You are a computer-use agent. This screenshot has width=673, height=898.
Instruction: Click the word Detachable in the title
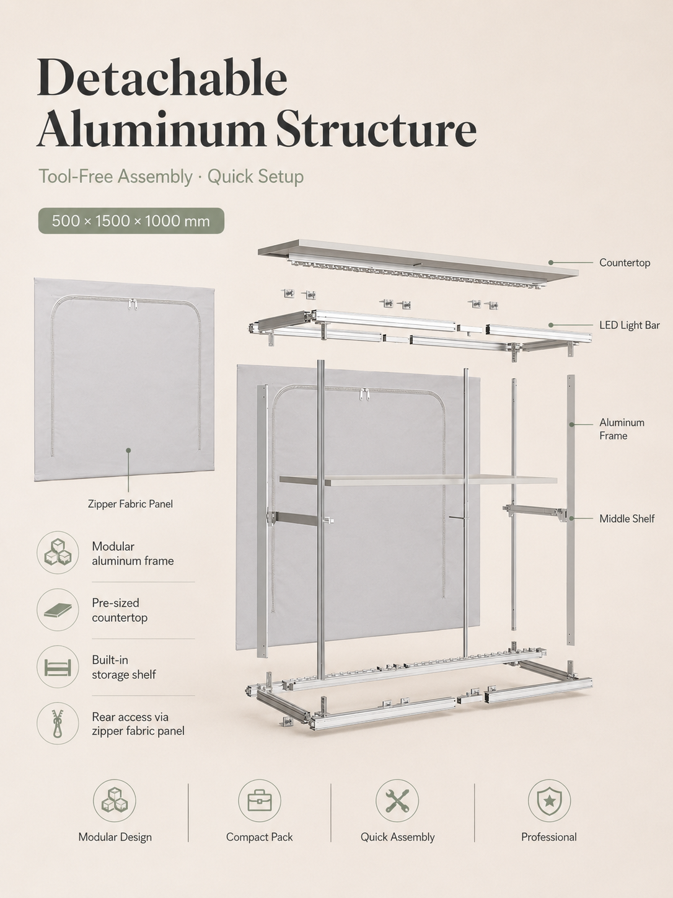pos(162,78)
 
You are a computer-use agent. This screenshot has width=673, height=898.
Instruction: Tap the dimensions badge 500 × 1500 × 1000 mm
pos(131,221)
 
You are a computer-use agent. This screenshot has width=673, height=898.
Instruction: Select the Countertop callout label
pos(625,263)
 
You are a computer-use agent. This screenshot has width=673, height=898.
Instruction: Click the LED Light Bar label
pos(629,325)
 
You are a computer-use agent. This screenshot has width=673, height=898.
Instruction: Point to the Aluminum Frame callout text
pos(622,429)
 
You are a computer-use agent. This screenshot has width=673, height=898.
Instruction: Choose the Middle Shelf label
pos(627,518)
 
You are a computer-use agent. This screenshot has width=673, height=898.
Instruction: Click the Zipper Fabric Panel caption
pos(130,504)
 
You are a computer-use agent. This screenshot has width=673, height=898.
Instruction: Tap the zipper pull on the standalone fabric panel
pos(132,305)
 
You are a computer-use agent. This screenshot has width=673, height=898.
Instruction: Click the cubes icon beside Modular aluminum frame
pos(58,553)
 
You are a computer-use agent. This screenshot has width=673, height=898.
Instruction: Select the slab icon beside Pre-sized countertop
pos(58,610)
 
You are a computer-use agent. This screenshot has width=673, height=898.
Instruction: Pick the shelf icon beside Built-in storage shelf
pos(58,667)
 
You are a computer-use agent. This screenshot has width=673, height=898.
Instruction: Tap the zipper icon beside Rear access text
pos(58,724)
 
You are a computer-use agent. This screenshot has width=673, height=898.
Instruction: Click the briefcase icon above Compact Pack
pos(260,801)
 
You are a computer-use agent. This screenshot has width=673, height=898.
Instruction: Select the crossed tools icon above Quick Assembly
pos(397,801)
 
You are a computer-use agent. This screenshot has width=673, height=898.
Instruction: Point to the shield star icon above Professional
pos(549,801)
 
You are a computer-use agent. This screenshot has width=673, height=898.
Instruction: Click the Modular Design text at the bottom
pos(115,837)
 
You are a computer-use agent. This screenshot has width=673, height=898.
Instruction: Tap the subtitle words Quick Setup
pos(255,177)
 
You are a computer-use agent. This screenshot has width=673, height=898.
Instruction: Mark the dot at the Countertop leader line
pos(551,263)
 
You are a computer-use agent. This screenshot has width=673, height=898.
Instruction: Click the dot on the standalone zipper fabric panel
pos(128,450)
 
